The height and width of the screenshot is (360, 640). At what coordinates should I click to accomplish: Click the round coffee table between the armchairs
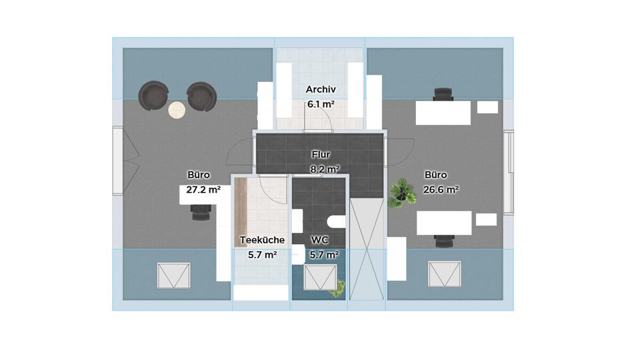tap(177, 110)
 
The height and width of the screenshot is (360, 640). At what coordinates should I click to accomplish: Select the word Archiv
tap(321, 89)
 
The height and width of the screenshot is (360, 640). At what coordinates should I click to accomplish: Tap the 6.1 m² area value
tap(321, 104)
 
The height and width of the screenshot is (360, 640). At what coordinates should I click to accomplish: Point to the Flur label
tap(321, 155)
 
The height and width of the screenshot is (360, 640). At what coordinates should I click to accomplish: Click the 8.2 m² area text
tap(325, 169)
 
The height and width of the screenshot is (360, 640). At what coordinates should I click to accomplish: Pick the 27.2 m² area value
tap(203, 189)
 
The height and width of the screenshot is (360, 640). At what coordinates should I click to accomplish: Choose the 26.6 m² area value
tap(441, 189)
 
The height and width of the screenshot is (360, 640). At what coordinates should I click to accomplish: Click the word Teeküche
tap(262, 240)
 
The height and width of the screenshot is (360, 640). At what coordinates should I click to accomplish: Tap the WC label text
tap(319, 240)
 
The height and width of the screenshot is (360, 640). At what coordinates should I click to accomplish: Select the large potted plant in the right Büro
tap(401, 193)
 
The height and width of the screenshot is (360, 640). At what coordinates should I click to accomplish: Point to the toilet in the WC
tap(336, 221)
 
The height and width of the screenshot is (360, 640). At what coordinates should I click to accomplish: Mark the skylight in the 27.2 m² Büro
tap(173, 275)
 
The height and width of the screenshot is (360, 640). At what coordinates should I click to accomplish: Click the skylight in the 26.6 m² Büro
tap(445, 274)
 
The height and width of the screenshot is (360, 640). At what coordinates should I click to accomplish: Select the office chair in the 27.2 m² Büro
tap(201, 213)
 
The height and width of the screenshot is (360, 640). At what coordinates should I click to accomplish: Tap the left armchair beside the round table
tap(153, 95)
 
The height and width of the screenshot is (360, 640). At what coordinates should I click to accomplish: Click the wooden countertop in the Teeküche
tap(241, 212)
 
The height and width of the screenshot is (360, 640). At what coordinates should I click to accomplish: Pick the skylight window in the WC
tap(321, 277)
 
